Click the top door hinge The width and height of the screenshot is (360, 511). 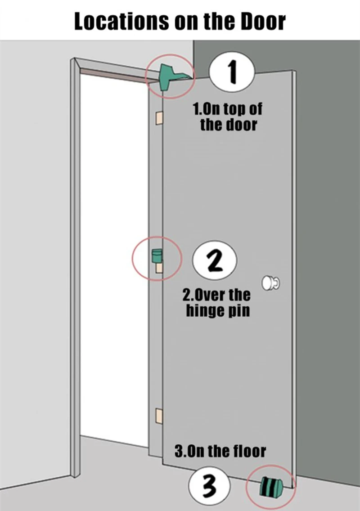pos(159,118)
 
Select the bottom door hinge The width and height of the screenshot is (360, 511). pos(159,416)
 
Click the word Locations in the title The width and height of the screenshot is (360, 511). pos(121,22)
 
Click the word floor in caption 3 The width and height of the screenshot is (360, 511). pos(250,451)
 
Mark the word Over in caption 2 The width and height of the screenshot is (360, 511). pos(207,295)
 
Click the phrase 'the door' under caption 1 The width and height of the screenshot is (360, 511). pos(229,125)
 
